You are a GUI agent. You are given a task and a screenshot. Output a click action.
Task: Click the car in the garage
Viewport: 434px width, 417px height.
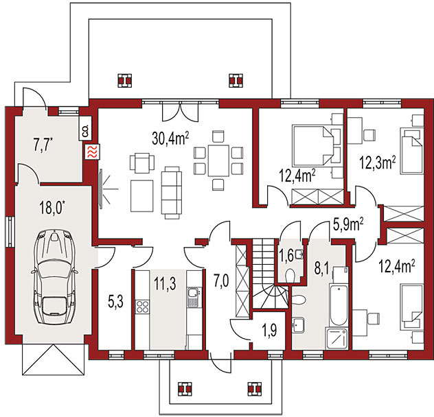[54, 277]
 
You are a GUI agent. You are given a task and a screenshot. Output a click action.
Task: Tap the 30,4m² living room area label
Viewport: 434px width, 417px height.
[170, 139]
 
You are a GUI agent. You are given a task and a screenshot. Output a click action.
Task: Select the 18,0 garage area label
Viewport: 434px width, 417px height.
[52, 207]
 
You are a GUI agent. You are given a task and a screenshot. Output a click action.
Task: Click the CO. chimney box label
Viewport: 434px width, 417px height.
[85, 131]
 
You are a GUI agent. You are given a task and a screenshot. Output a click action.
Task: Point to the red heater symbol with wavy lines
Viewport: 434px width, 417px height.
[92, 152]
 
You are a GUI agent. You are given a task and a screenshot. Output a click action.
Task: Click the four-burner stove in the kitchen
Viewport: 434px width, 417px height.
[142, 307]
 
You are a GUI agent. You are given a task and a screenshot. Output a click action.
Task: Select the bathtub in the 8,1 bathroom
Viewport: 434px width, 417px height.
[339, 305]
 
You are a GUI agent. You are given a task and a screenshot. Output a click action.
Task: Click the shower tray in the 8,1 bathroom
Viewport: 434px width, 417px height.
[336, 339]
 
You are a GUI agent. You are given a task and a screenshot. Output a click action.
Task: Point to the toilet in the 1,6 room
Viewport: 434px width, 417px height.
[290, 276]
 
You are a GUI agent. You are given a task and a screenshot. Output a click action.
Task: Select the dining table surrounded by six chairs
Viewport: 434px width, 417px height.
[218, 160]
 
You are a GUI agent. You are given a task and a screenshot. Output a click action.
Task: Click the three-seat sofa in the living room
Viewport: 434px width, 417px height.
[172, 192]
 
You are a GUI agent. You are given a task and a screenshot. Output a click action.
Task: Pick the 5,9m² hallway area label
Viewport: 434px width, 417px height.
[348, 225]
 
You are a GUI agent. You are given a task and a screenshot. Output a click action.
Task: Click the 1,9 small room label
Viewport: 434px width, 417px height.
[269, 330]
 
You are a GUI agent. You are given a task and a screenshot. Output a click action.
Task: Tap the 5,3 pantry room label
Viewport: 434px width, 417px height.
[115, 301]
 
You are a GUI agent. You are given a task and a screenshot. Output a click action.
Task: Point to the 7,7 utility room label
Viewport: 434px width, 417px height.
[43, 145]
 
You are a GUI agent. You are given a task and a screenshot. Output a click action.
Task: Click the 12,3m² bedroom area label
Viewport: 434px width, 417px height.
[377, 163]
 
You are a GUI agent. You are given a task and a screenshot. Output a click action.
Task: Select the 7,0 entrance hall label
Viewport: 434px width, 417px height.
[221, 281]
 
